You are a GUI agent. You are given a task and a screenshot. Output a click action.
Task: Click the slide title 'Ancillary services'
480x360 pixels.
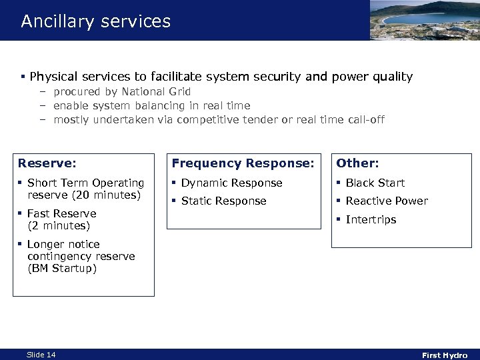(95, 21)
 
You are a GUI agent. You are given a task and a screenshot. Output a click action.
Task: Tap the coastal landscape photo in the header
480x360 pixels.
(424, 20)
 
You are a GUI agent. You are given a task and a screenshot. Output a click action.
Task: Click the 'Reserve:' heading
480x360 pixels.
(47, 163)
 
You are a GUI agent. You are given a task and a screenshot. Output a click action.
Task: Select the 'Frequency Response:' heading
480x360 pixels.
(243, 163)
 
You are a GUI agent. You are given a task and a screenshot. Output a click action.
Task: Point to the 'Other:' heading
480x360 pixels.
(358, 163)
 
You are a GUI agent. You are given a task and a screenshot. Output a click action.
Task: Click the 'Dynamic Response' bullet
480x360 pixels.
(231, 183)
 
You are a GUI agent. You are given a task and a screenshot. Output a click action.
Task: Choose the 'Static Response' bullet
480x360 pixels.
(223, 201)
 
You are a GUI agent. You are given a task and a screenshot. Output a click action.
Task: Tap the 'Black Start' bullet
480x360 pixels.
(375, 183)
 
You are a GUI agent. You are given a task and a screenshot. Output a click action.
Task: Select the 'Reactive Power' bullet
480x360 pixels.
(387, 201)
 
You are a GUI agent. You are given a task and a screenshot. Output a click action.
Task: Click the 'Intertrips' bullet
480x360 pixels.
(371, 219)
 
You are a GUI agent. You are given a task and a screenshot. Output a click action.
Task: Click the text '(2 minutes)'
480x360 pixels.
(59, 225)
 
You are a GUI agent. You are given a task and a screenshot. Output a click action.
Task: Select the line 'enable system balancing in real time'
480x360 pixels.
(151, 105)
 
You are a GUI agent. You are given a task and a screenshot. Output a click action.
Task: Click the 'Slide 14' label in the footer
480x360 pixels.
(41, 355)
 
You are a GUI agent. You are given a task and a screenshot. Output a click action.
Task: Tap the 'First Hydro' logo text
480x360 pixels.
(445, 355)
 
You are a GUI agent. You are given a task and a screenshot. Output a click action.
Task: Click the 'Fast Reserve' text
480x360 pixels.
(61, 213)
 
